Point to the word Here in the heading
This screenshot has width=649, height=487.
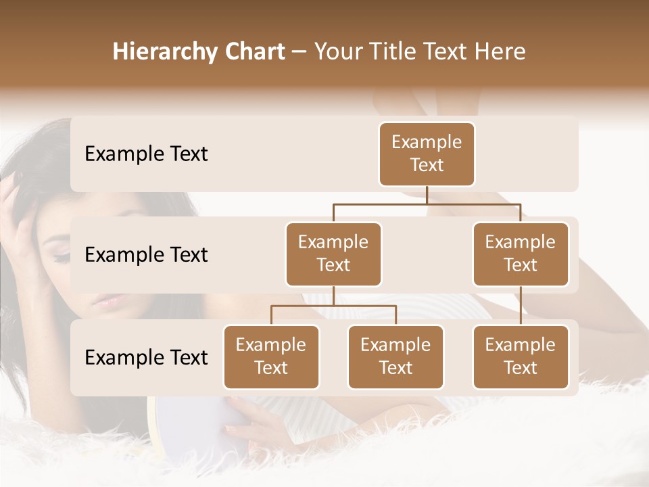pos(500,51)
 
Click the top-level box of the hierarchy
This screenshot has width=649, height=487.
pos(427,154)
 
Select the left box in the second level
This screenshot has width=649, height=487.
pos(333,254)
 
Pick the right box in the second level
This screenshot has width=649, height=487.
pos(521,254)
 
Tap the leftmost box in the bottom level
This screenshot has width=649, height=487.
pos(271,356)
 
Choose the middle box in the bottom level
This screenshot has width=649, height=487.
pos(395,356)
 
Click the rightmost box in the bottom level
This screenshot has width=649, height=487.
pos(521,356)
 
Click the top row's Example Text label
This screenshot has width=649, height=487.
pos(146,154)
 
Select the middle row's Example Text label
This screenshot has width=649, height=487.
pos(146,255)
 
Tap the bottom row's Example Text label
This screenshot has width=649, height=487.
pos(146,358)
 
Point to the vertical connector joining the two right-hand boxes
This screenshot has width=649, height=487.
pos(521,306)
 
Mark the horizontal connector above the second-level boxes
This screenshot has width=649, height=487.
pos(427,204)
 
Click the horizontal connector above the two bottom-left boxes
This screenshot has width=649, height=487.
pos(333,306)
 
